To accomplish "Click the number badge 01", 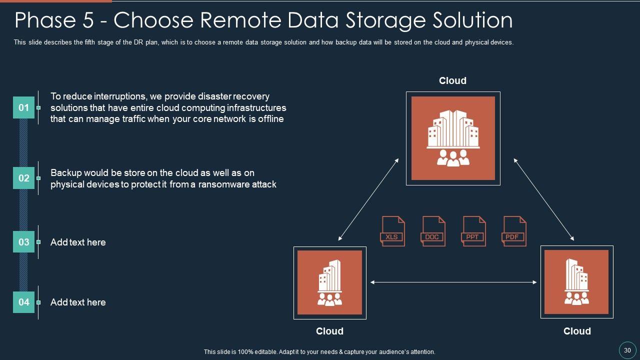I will point(23,107).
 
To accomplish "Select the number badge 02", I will point(23,178).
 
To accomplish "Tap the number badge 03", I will point(23,242).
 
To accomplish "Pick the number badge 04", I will point(23,302).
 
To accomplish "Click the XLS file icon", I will point(392,231).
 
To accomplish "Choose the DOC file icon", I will point(433,231).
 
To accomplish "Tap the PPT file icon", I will point(473,231).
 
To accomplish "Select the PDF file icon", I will point(513,231).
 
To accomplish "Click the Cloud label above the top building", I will point(452,81).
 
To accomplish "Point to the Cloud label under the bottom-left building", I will point(329,331).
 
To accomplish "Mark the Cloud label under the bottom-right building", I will point(577,331).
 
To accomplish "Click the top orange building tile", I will point(453,138).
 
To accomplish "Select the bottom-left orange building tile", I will point(329,282).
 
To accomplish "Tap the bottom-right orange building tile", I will point(576,282).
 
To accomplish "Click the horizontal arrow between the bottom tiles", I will point(453,282).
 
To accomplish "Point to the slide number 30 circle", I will point(627,350).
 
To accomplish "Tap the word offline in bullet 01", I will point(270,119).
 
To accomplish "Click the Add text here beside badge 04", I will point(78,302).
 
